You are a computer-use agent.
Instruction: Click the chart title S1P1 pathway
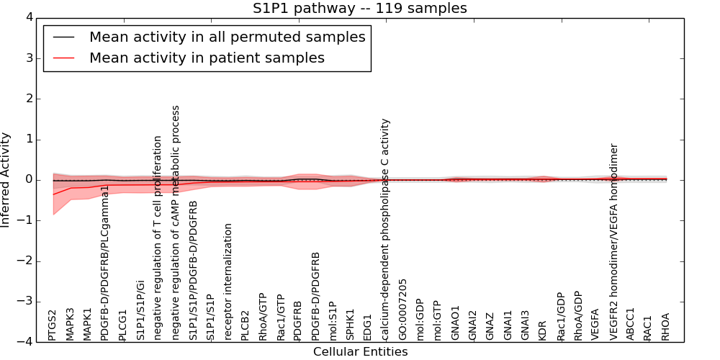359,9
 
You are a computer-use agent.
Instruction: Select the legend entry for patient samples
207,58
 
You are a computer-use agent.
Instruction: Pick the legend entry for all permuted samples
227,37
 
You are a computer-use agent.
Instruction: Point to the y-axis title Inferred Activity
6,180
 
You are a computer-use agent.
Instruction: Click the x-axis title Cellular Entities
360,352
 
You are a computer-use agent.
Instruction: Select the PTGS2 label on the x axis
53,325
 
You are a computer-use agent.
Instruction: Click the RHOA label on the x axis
666,326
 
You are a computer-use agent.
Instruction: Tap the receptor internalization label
228,281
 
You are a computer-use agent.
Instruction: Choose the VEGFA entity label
595,325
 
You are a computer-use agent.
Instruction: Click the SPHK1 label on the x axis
351,325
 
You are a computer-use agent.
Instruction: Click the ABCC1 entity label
631,324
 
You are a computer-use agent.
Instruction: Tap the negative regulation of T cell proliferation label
158,238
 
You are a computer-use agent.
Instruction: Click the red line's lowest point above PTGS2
53,194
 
